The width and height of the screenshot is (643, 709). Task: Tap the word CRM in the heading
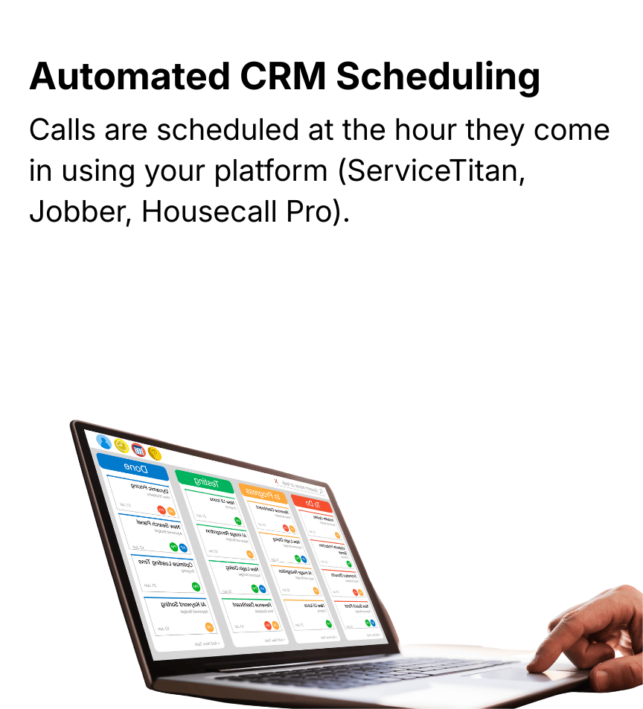(x=285, y=77)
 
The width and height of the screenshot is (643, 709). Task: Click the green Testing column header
(x=205, y=481)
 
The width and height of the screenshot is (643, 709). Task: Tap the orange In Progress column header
(x=263, y=493)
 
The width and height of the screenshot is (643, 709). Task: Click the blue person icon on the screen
(x=104, y=442)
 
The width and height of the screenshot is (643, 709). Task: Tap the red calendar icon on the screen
(x=138, y=449)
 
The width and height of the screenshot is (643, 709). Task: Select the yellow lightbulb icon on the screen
(x=154, y=453)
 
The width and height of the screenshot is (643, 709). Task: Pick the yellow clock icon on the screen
(x=121, y=446)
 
